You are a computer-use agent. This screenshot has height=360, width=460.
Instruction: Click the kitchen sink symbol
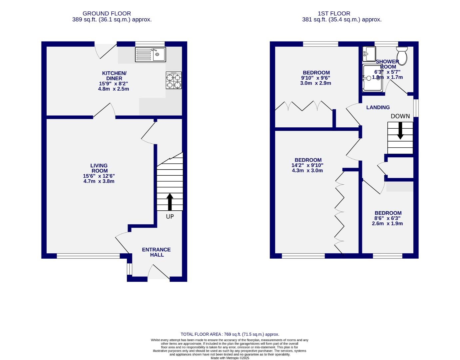coord(150,54)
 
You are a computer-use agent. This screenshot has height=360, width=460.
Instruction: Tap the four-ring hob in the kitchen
coord(174,81)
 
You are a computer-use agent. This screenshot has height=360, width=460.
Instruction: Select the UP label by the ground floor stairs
coord(170,216)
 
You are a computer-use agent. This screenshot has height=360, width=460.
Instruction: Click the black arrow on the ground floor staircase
coord(170,202)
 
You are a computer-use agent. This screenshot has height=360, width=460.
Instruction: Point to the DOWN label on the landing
coord(400,116)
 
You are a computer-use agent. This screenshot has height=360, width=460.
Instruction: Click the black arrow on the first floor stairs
coord(400,131)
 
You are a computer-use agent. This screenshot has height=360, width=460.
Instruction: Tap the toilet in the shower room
coord(402,55)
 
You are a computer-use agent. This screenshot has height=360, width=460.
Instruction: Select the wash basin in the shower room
coord(369,54)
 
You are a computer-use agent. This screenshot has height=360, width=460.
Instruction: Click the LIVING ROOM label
coord(99,168)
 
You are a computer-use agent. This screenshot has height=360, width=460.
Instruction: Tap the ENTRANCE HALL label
coord(156,252)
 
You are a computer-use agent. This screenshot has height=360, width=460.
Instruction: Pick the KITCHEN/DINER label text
coord(114,76)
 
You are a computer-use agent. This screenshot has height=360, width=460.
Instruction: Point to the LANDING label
coord(378,107)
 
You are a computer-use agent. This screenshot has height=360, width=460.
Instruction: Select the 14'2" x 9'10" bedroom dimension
coord(307,165)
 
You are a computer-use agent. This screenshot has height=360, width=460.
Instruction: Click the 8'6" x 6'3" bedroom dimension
coord(388,218)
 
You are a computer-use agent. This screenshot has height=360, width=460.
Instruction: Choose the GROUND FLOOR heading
coord(107,14)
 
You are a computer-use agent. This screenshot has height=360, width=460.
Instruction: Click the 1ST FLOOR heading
coord(334,14)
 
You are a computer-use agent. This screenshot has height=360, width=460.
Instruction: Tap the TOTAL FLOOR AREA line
coord(230,334)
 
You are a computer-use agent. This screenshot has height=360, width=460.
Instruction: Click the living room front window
coord(88,256)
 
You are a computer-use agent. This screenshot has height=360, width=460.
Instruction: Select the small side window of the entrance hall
coord(129,269)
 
